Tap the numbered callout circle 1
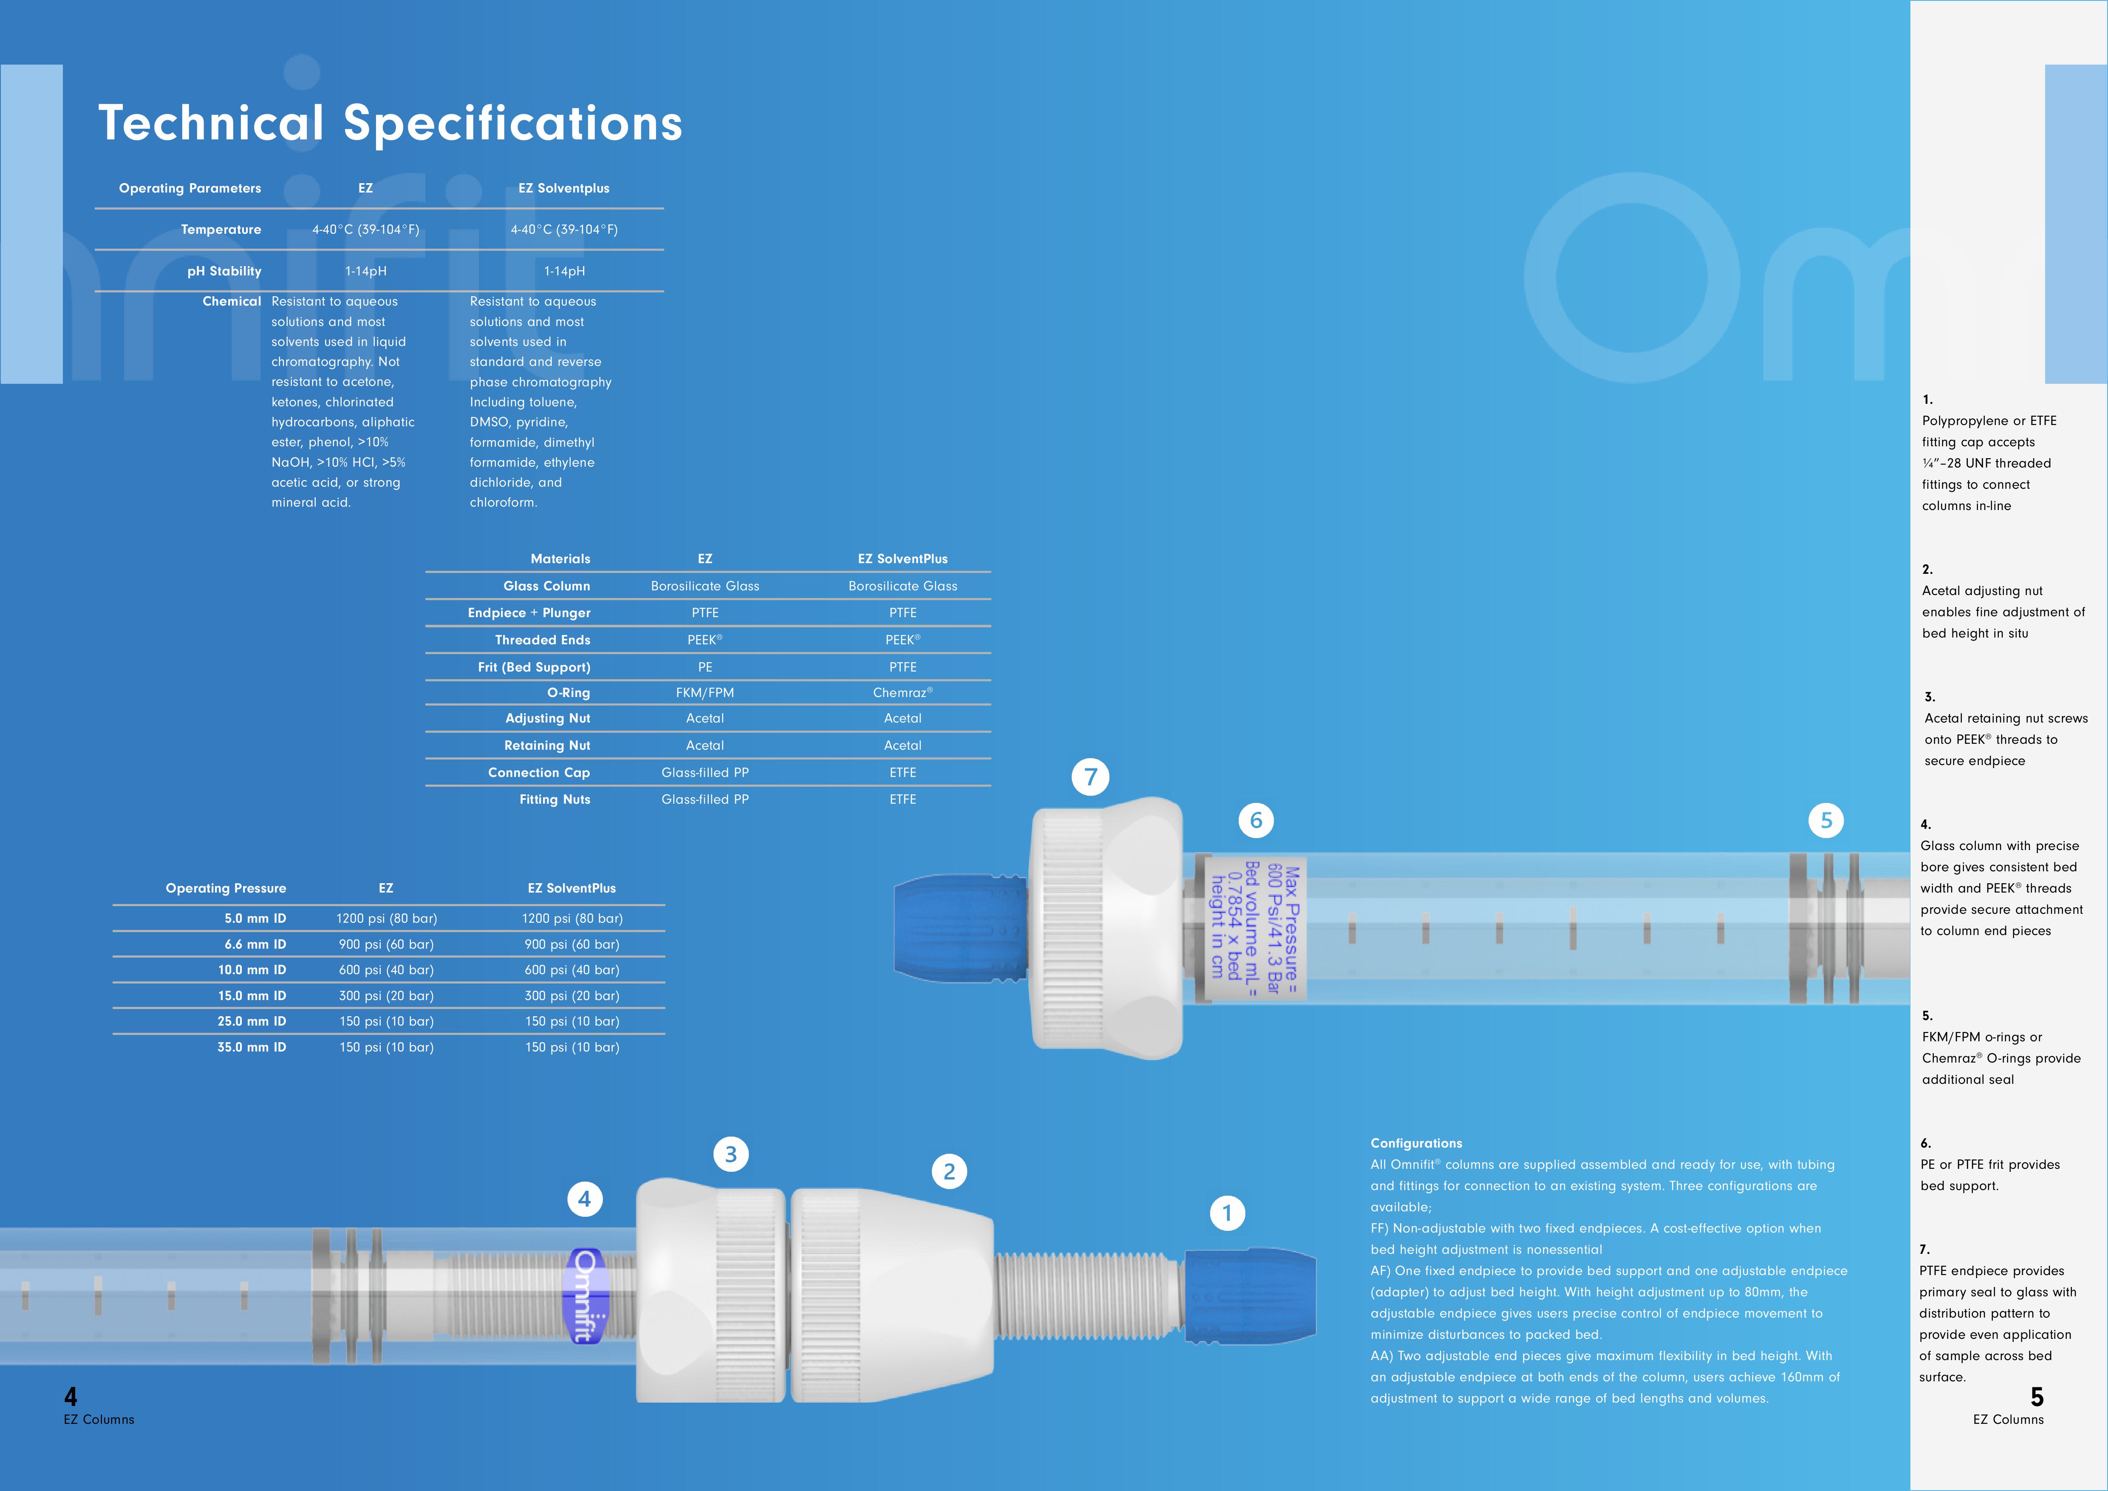[x=1228, y=1213]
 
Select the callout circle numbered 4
[x=585, y=1198]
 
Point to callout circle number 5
[x=1826, y=820]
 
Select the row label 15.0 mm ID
[x=252, y=995]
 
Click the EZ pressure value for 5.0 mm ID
[x=387, y=918]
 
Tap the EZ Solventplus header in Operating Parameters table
[x=564, y=188]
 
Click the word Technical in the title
[x=211, y=123]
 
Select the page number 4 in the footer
[x=71, y=1397]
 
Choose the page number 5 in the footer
[x=2037, y=1397]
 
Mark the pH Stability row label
[x=224, y=271]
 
